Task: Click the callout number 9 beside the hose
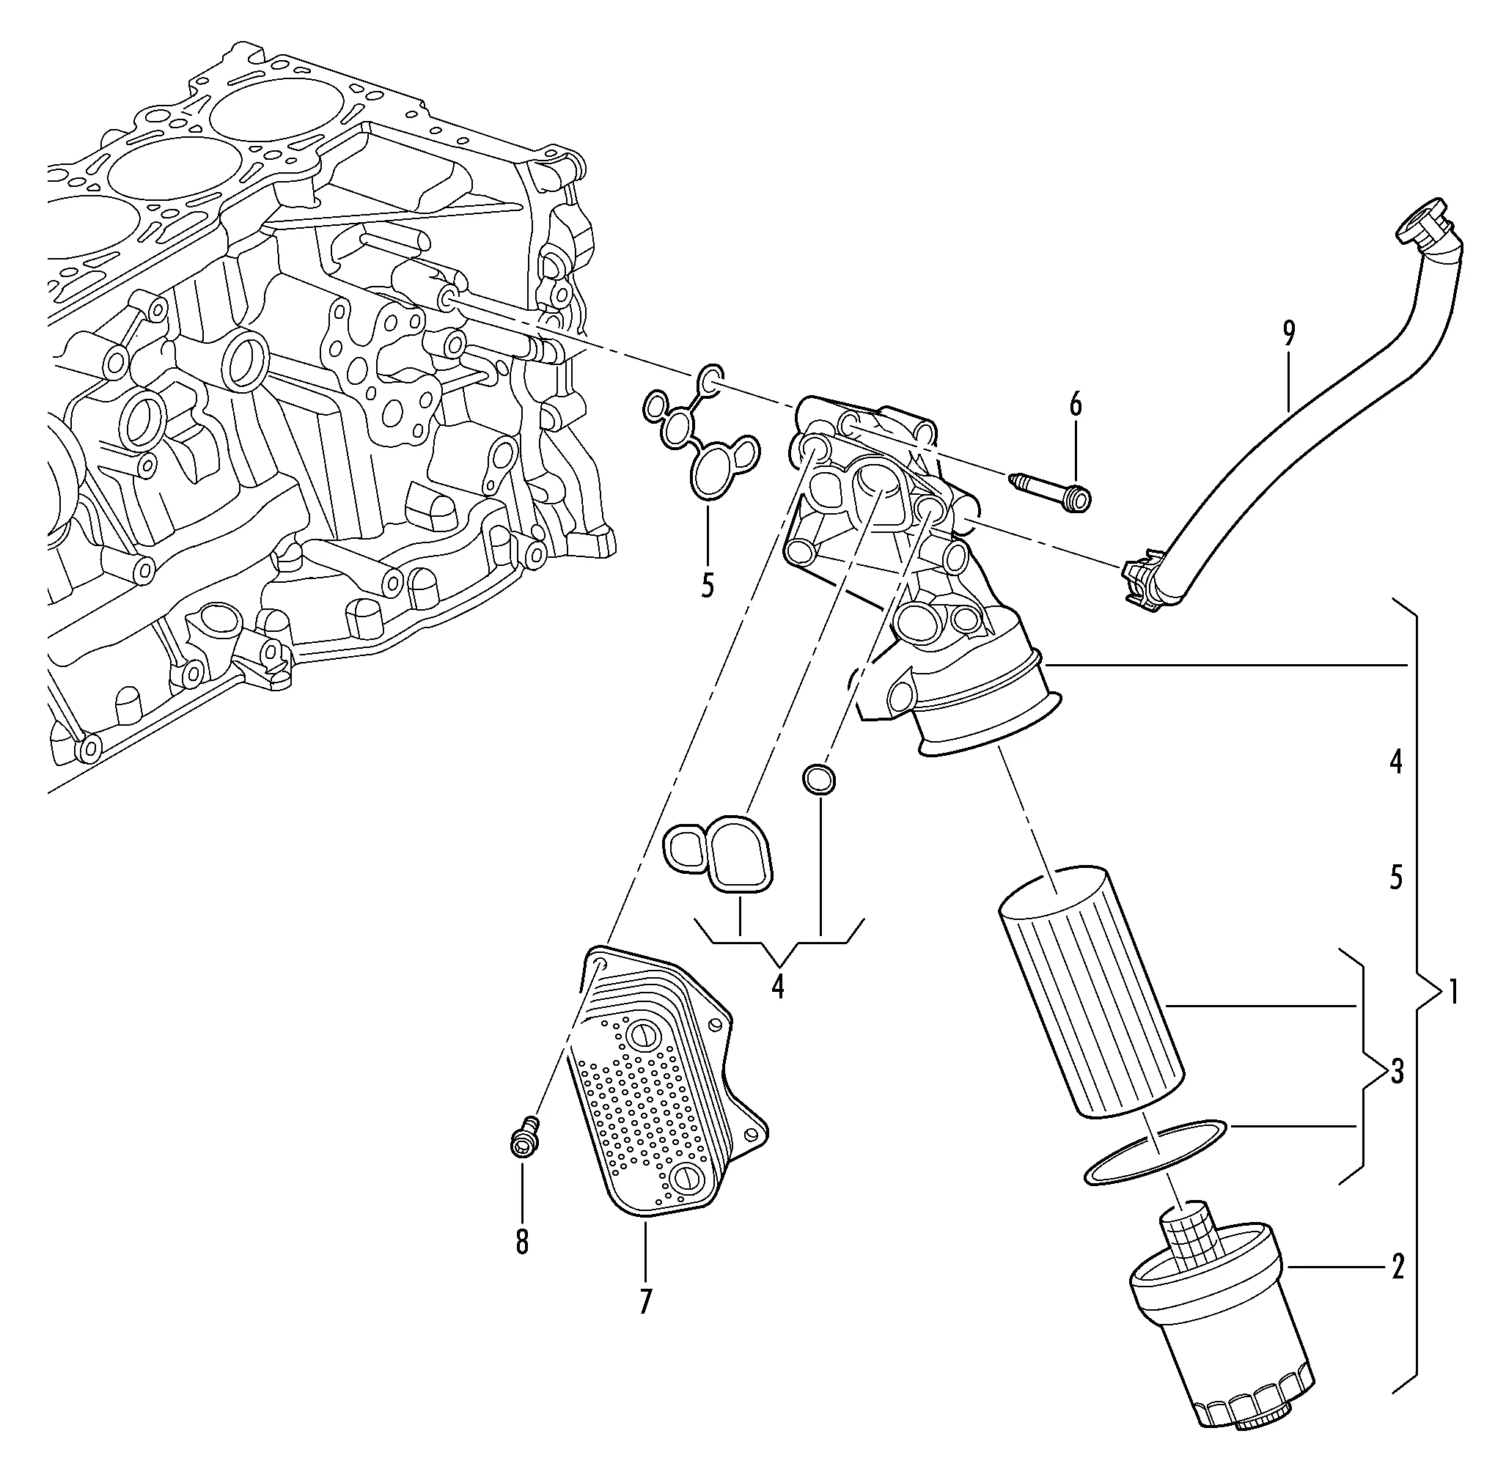tap(1288, 333)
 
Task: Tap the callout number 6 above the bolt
tap(1075, 405)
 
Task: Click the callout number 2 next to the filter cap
tap(1397, 1267)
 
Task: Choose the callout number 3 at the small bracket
tap(1397, 1071)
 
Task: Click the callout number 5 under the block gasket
tap(707, 586)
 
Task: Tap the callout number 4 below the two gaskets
tap(778, 986)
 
